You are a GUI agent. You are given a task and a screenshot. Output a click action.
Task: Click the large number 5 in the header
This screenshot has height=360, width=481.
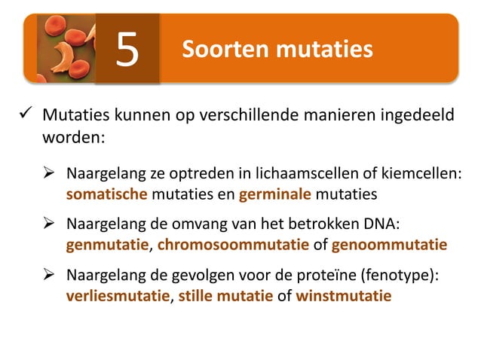click(127, 50)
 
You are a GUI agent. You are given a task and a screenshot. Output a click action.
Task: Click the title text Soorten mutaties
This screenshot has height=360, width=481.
click(277, 50)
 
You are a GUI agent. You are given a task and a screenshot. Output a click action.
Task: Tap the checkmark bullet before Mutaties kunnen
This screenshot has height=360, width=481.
click(24, 117)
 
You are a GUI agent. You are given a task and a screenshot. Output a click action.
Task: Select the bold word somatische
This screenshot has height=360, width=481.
click(107, 194)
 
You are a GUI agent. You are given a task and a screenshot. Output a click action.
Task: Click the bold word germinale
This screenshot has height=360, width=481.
click(275, 194)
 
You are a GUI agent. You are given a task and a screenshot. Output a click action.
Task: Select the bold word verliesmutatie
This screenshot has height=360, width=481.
click(118, 295)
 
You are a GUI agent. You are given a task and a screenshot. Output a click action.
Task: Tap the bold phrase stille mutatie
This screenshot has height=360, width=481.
click(225, 295)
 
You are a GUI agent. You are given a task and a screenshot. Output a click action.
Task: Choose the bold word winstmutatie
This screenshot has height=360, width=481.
click(344, 295)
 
